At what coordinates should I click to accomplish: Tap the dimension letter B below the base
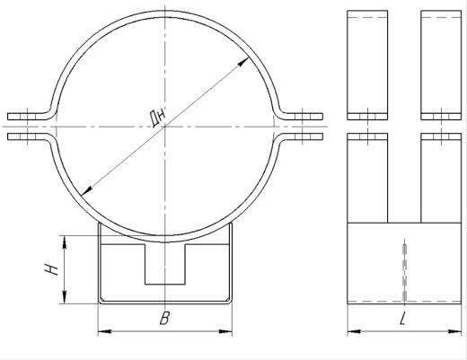(x=163, y=317)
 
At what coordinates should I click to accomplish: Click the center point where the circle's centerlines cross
(x=164, y=126)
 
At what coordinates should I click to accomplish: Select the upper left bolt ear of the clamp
(x=27, y=115)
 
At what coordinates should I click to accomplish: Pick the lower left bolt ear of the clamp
(x=27, y=137)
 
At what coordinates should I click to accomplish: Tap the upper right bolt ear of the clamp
(x=304, y=115)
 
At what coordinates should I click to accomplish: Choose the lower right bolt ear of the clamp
(x=304, y=137)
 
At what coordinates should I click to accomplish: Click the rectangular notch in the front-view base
(x=164, y=265)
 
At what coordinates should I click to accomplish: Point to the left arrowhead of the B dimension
(x=101, y=331)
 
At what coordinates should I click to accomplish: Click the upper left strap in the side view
(x=367, y=63)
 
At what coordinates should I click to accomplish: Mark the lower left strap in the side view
(x=367, y=176)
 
